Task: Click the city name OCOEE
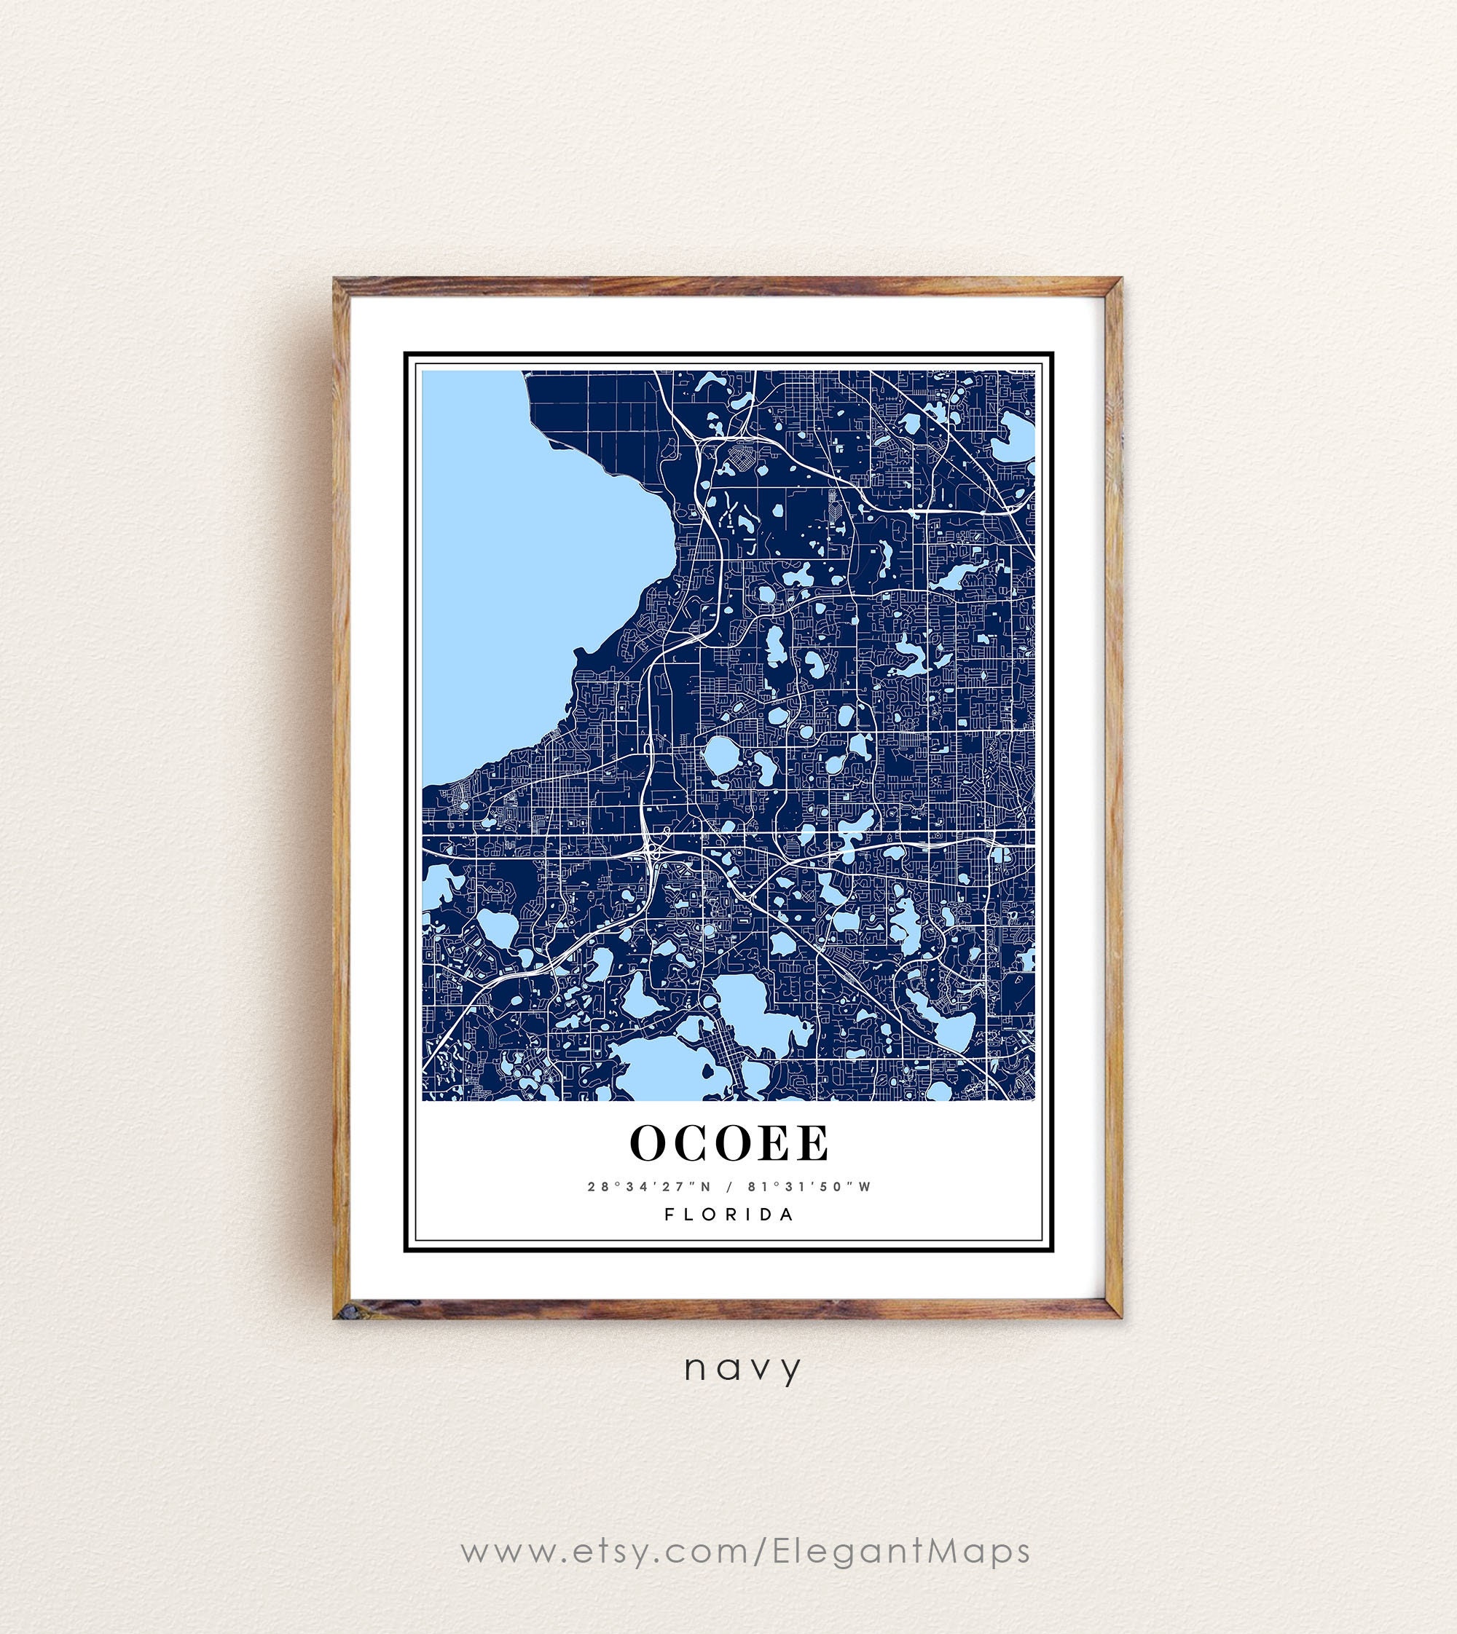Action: (x=729, y=1143)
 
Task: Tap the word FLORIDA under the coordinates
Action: (x=729, y=1215)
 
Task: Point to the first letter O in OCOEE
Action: (x=649, y=1143)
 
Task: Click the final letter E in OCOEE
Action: (x=812, y=1143)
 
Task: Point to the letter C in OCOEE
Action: (x=690, y=1143)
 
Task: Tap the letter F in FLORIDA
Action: (x=670, y=1215)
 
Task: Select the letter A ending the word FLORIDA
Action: (x=788, y=1215)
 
